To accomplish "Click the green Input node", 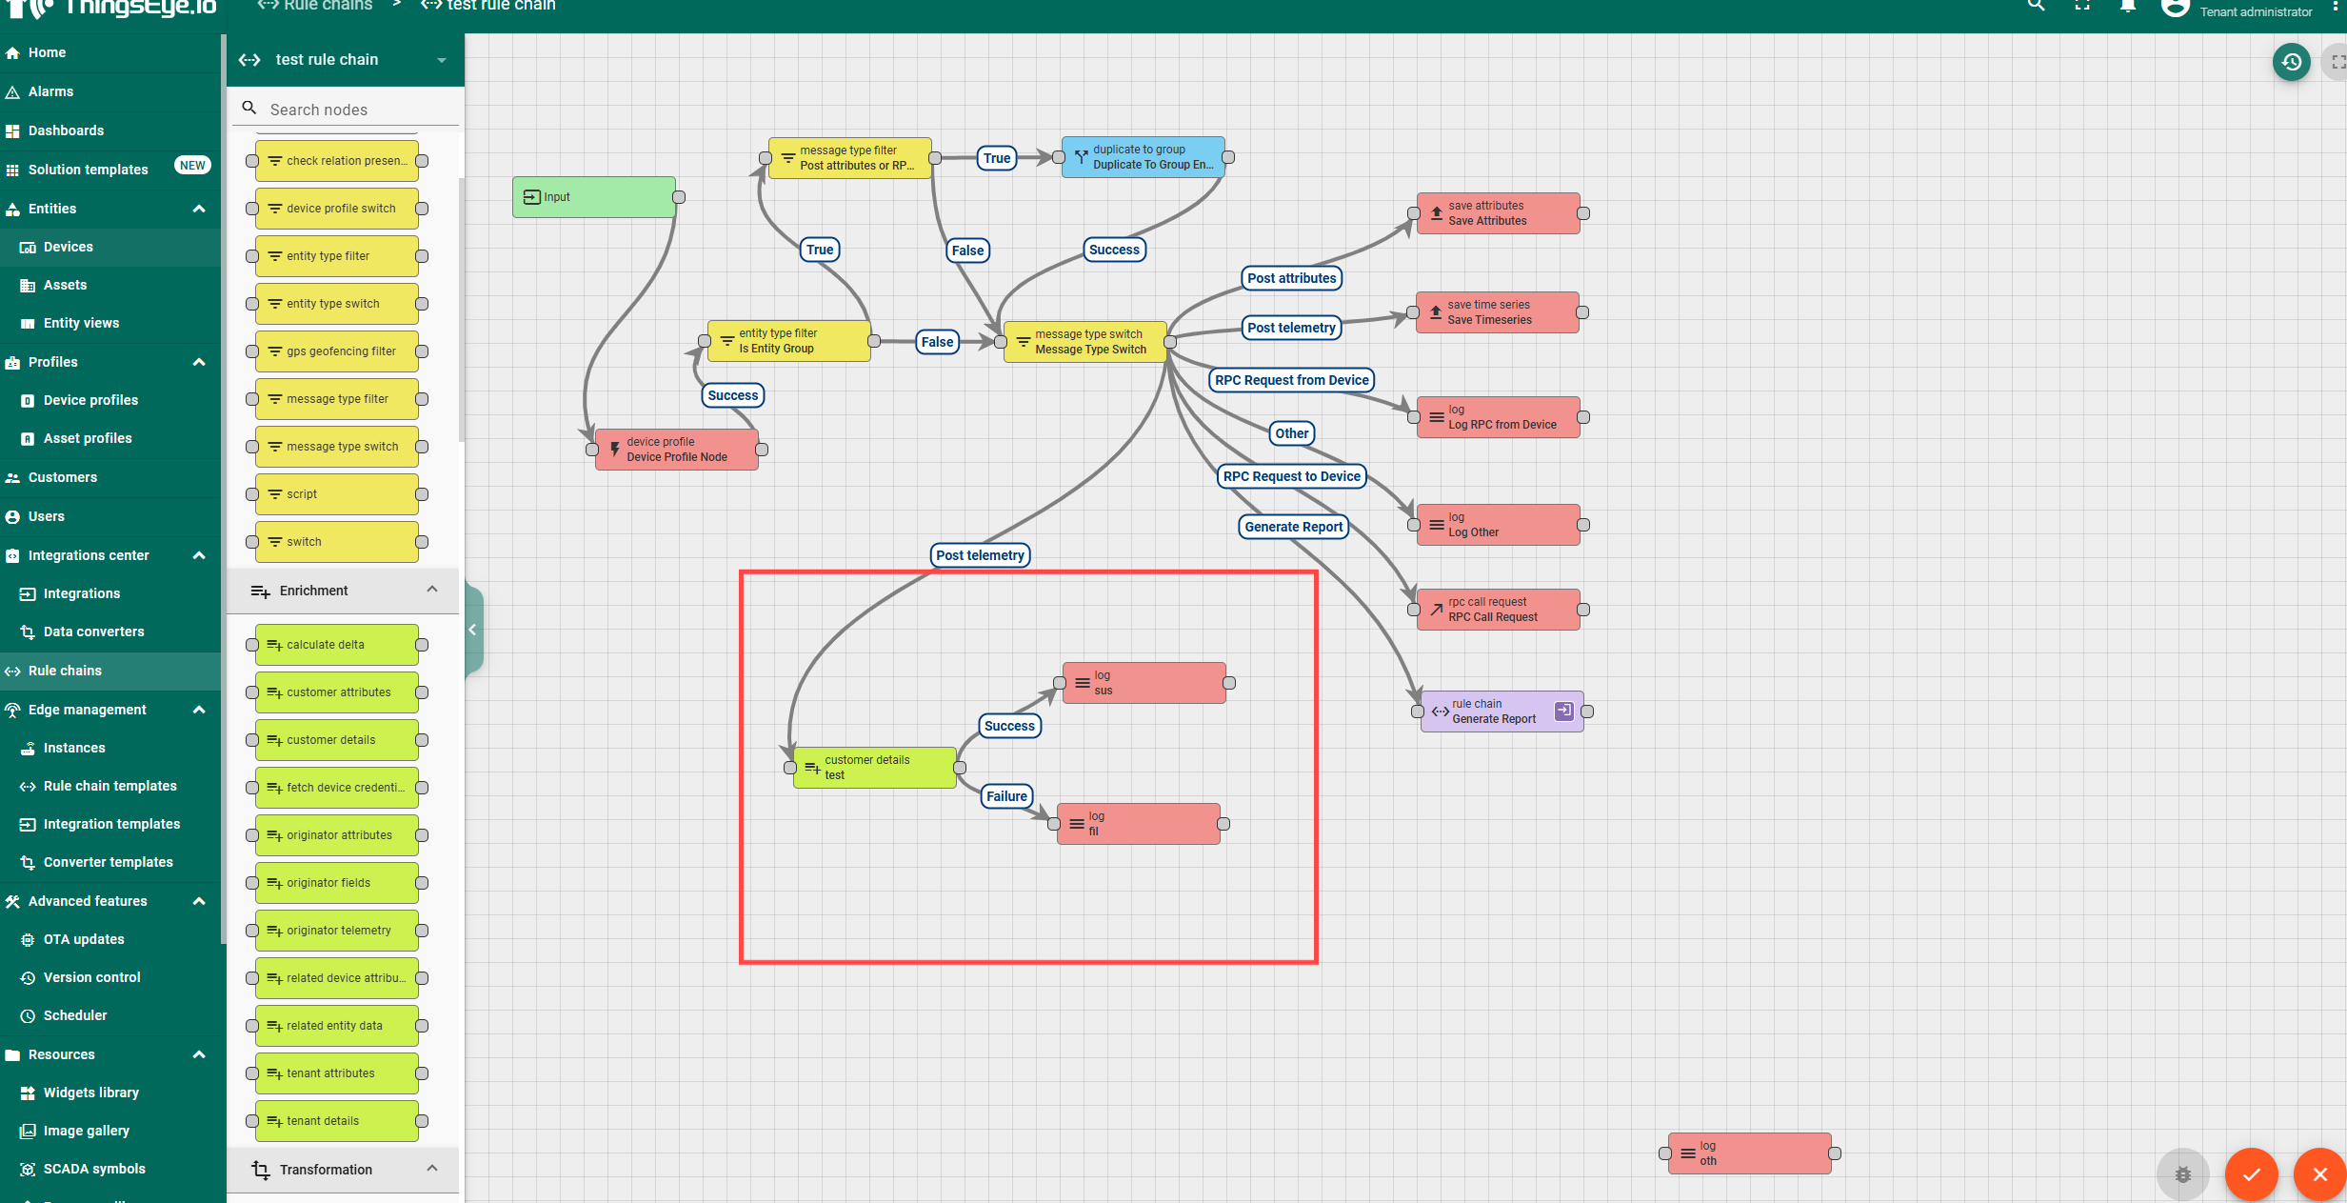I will pos(594,197).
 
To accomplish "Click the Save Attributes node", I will pos(1498,213).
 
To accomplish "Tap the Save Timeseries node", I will pos(1497,312).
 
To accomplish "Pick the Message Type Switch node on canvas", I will pos(1084,342).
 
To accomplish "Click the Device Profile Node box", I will pos(676,450).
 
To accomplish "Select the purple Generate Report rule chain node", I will pos(1502,712).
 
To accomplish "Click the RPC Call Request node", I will pos(1498,610).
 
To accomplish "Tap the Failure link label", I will pos(1006,796).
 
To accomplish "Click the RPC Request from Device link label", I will pos(1291,380).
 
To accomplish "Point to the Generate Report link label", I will pos(1293,527).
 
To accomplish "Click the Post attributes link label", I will pos(1291,278).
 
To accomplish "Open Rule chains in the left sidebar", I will pos(65,671).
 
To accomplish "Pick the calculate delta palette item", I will pos(337,645).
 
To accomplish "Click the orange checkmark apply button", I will pos(2251,1174).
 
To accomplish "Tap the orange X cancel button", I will pos(2319,1174).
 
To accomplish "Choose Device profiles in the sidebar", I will pos(90,400).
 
